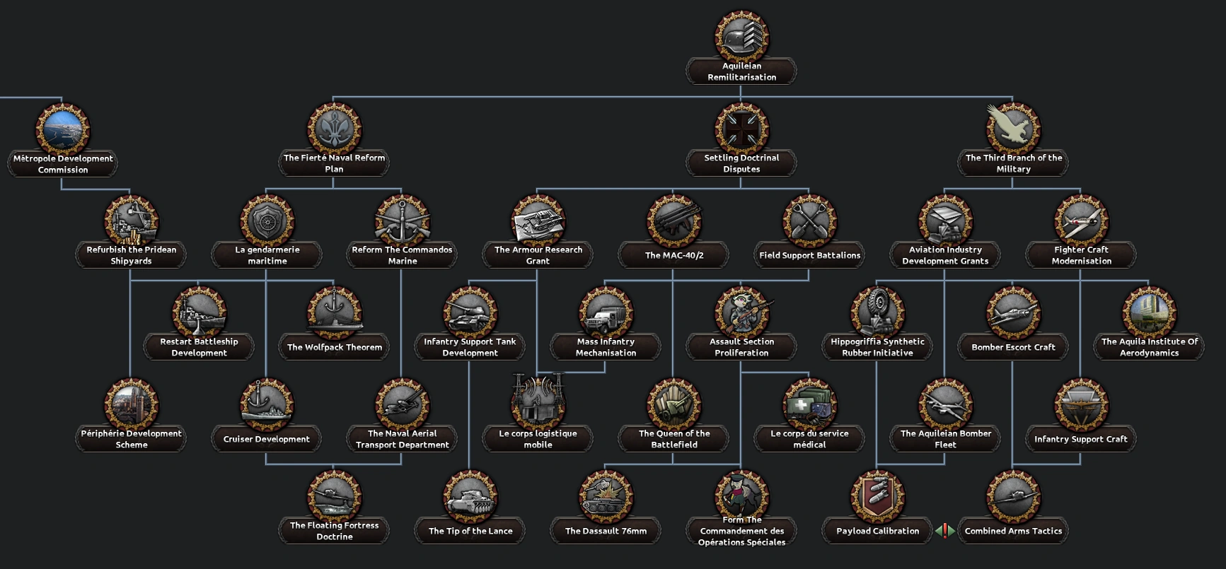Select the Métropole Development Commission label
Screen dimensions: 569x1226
pos(63,164)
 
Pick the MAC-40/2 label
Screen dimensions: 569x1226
pos(674,255)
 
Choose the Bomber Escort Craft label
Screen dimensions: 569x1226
pos(1013,347)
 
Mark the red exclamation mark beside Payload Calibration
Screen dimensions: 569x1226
pos(945,531)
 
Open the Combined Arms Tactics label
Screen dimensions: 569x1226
pos(1013,531)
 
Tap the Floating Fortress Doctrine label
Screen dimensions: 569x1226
pos(334,531)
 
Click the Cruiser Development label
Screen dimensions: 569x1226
pos(267,439)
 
